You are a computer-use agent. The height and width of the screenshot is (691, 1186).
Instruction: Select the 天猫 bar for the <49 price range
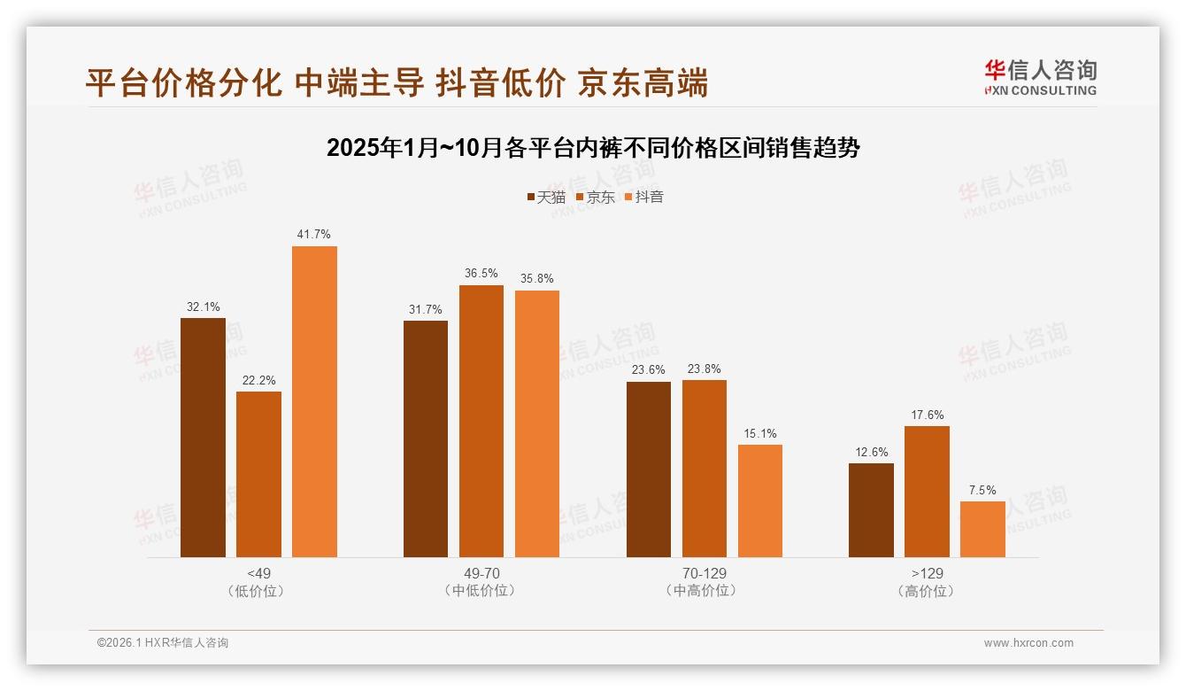click(x=203, y=438)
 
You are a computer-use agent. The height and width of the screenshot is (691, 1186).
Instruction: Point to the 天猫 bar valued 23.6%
click(x=649, y=470)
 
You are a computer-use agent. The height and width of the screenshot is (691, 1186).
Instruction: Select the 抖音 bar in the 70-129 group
click(x=760, y=501)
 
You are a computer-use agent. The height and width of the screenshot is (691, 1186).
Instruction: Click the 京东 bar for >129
click(x=927, y=492)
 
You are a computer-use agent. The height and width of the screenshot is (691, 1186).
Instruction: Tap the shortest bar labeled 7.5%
click(x=982, y=529)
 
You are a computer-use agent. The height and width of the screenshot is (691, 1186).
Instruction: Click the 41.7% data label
click(x=314, y=235)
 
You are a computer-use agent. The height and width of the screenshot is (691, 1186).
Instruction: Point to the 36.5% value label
click(x=481, y=273)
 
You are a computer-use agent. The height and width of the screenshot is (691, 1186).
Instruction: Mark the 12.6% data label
click(x=872, y=453)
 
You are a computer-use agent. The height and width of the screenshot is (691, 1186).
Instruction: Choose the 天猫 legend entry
click(x=546, y=198)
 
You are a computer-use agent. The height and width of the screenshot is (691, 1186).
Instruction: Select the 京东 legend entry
click(x=596, y=198)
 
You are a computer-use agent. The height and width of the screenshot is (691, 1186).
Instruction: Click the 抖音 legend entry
click(x=644, y=198)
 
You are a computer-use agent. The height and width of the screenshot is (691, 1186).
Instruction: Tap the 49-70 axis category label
click(x=481, y=574)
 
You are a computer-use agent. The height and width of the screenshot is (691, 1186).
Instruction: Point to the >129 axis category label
click(x=927, y=574)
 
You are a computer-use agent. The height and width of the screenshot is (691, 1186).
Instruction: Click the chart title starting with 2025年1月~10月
click(x=593, y=148)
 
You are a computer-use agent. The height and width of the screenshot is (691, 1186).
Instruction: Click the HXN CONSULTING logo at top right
click(x=1040, y=78)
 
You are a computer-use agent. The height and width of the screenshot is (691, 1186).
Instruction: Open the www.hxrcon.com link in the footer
click(x=1028, y=643)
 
